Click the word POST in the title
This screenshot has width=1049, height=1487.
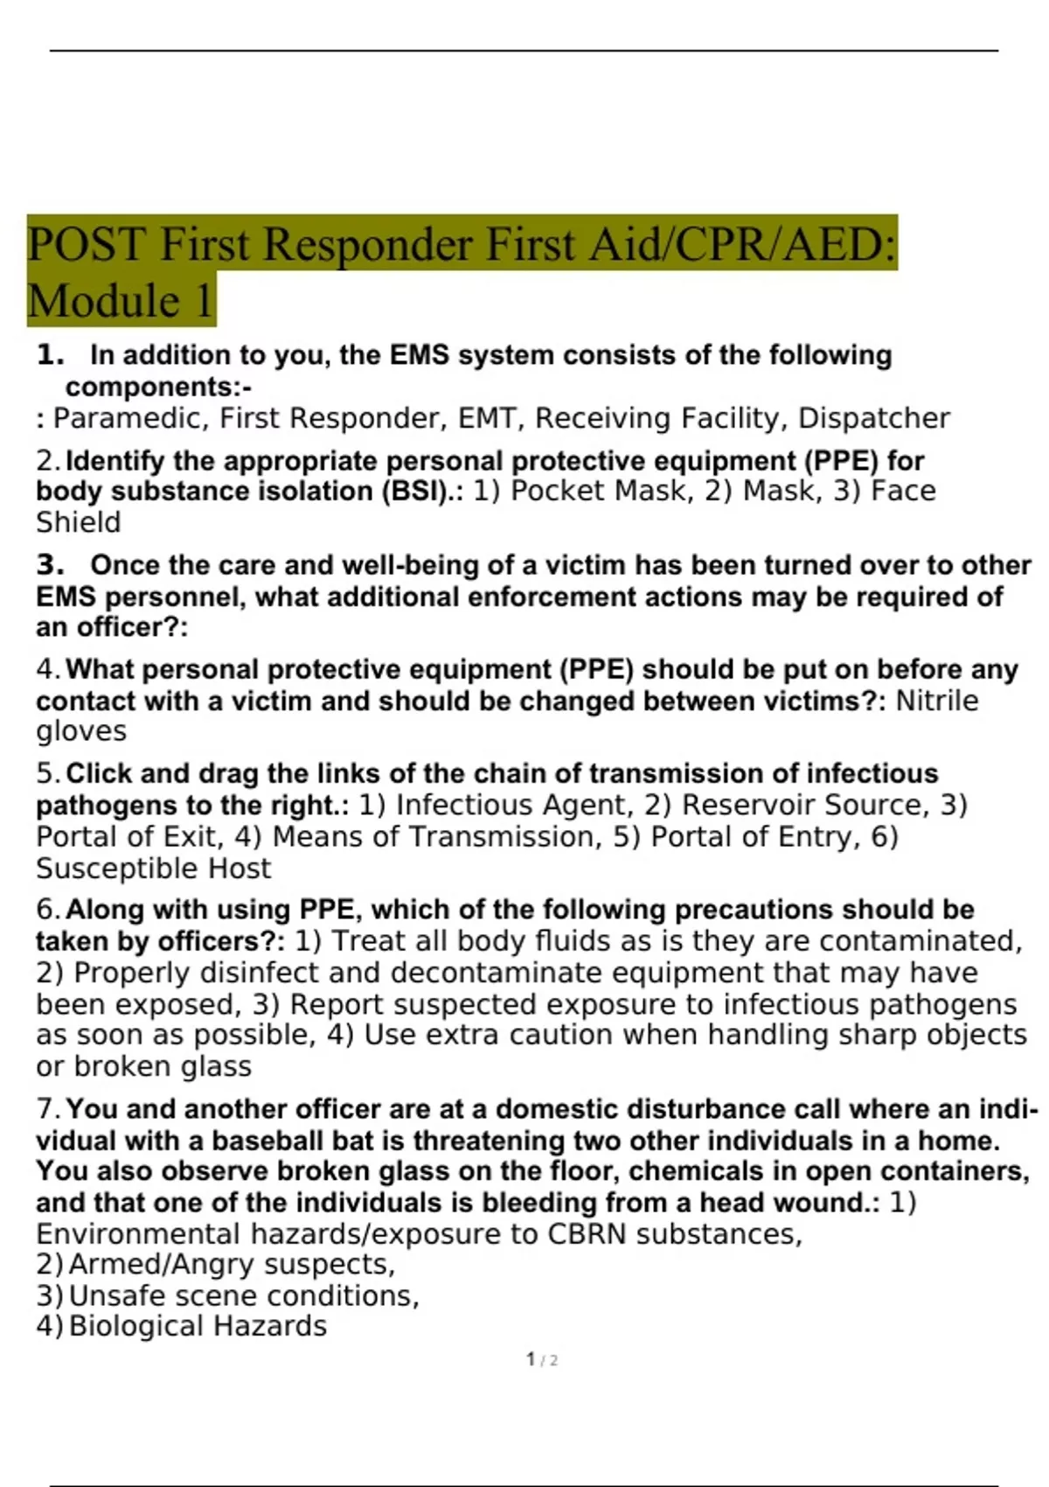pos(87,244)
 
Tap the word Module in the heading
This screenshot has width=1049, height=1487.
pos(104,301)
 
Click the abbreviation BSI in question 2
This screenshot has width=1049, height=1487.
pos(419,492)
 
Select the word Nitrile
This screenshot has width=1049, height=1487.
pos(937,702)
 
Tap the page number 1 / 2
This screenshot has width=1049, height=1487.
pos(542,1360)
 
